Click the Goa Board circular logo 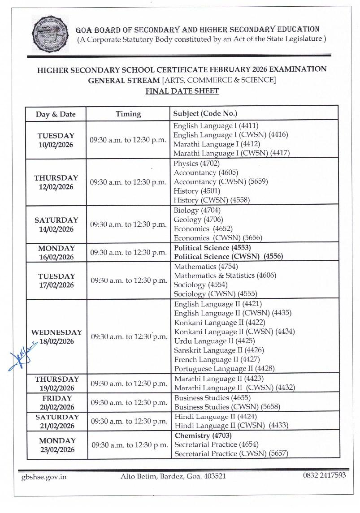50,34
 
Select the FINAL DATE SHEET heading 182,91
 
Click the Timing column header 128,114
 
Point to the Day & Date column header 56,114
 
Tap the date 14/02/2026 56,229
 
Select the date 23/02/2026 57,449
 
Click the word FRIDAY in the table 57,398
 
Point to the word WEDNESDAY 56,332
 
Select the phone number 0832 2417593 324,475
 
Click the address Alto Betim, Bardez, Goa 173,476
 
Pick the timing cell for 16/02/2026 129,253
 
